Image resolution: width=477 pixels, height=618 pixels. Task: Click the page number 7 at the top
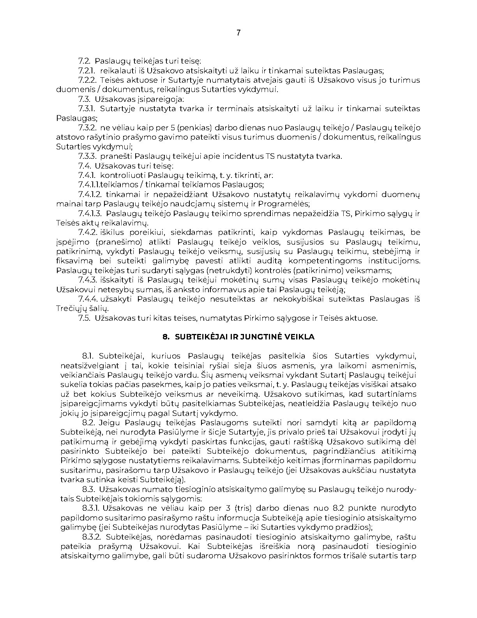pyautogui.click(x=238, y=33)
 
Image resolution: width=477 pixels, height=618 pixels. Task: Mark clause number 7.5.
pyautogui.click(x=84, y=318)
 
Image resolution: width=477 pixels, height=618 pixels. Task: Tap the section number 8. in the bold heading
pyautogui.click(x=166, y=337)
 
